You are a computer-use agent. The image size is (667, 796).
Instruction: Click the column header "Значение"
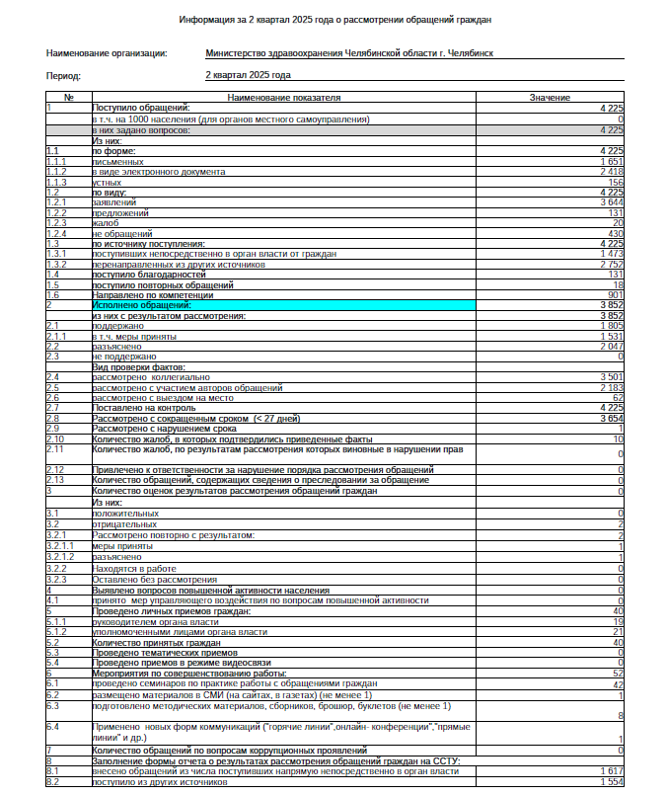(x=549, y=98)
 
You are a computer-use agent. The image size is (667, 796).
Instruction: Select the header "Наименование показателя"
(x=283, y=98)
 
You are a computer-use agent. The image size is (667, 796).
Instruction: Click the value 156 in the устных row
(x=616, y=182)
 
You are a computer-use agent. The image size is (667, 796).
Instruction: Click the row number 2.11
(x=55, y=449)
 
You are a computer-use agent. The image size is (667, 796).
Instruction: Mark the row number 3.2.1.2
(x=60, y=557)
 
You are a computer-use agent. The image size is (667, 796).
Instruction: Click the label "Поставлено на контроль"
(x=136, y=407)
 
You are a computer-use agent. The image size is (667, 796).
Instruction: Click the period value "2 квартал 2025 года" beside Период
(x=248, y=74)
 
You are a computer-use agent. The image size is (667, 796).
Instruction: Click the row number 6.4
(x=53, y=726)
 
